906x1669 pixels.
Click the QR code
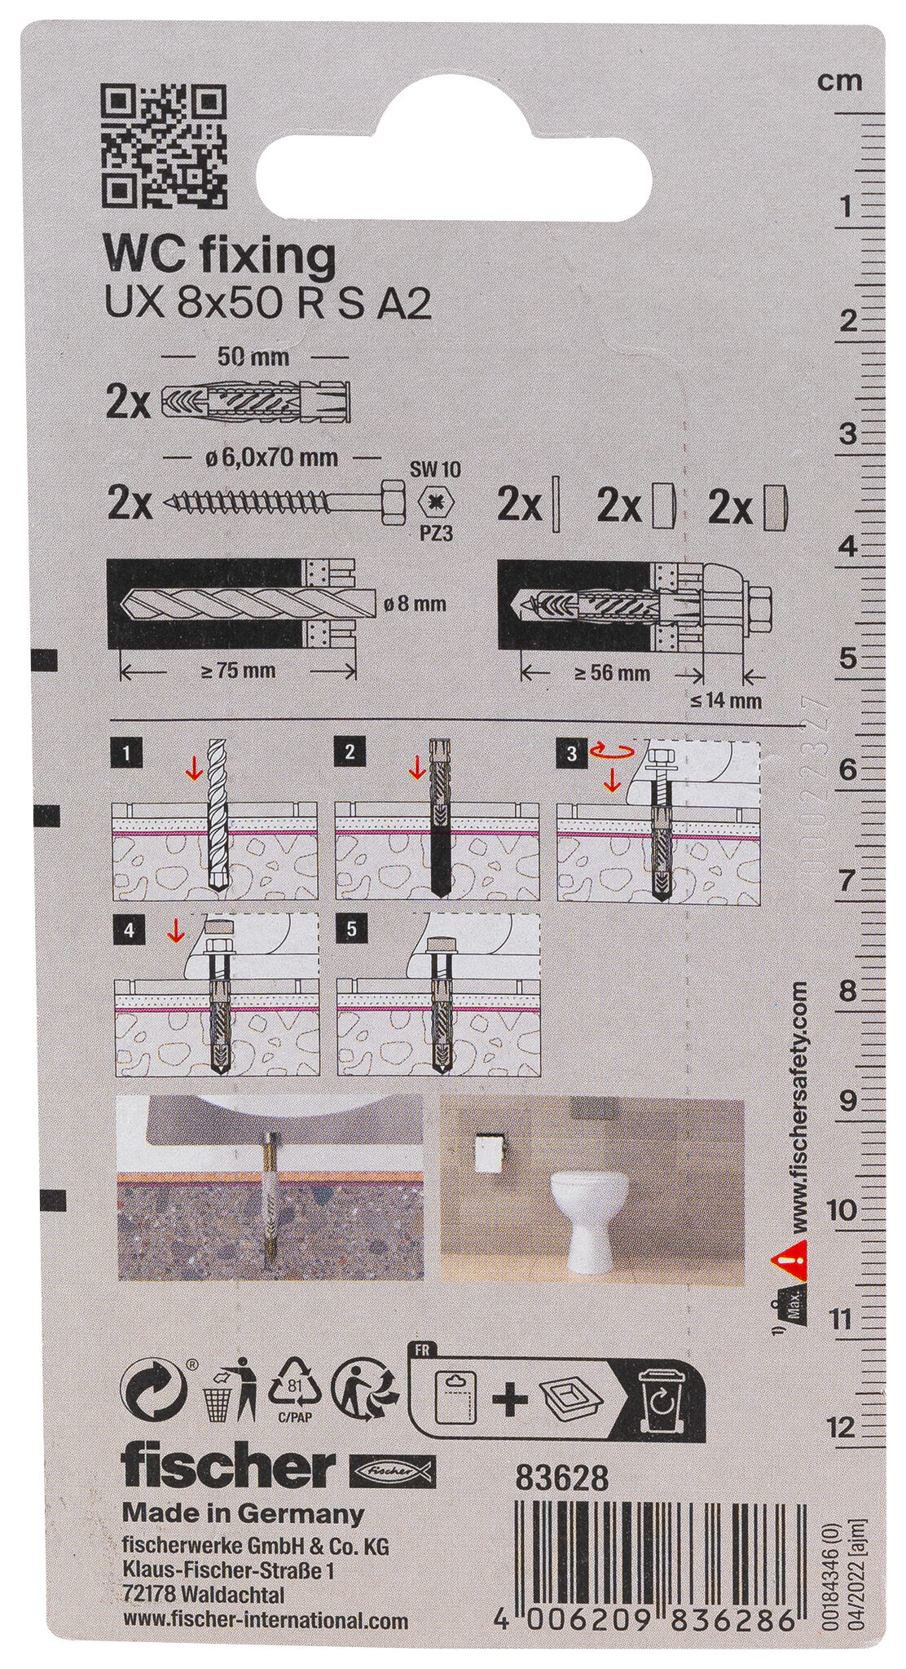162,146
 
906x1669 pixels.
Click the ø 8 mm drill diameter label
414,604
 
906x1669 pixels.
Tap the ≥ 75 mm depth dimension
239,671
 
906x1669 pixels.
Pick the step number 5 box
350,926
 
